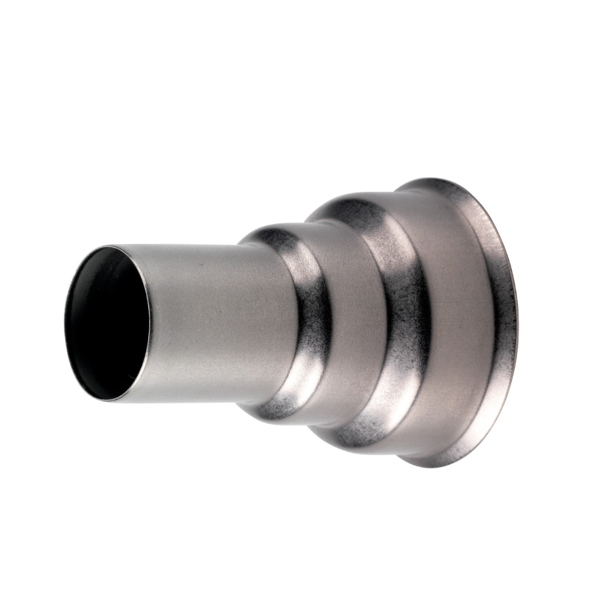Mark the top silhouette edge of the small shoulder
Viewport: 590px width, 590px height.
click(x=273, y=225)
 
